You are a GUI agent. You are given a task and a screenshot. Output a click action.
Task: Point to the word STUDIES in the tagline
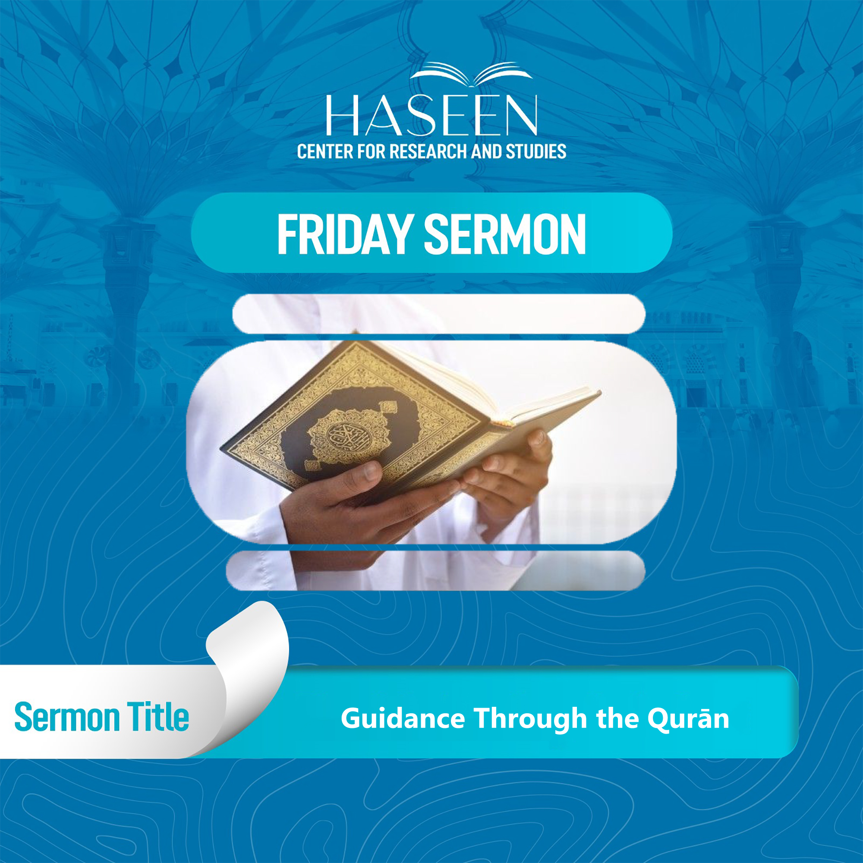point(535,152)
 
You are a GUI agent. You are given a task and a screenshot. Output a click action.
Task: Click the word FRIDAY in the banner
point(343,234)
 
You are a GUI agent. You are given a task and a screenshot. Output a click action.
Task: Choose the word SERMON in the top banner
point(504,234)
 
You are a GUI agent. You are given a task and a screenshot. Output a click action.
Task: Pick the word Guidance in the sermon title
point(403,719)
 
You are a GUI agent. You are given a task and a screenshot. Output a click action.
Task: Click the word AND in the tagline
point(486,152)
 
